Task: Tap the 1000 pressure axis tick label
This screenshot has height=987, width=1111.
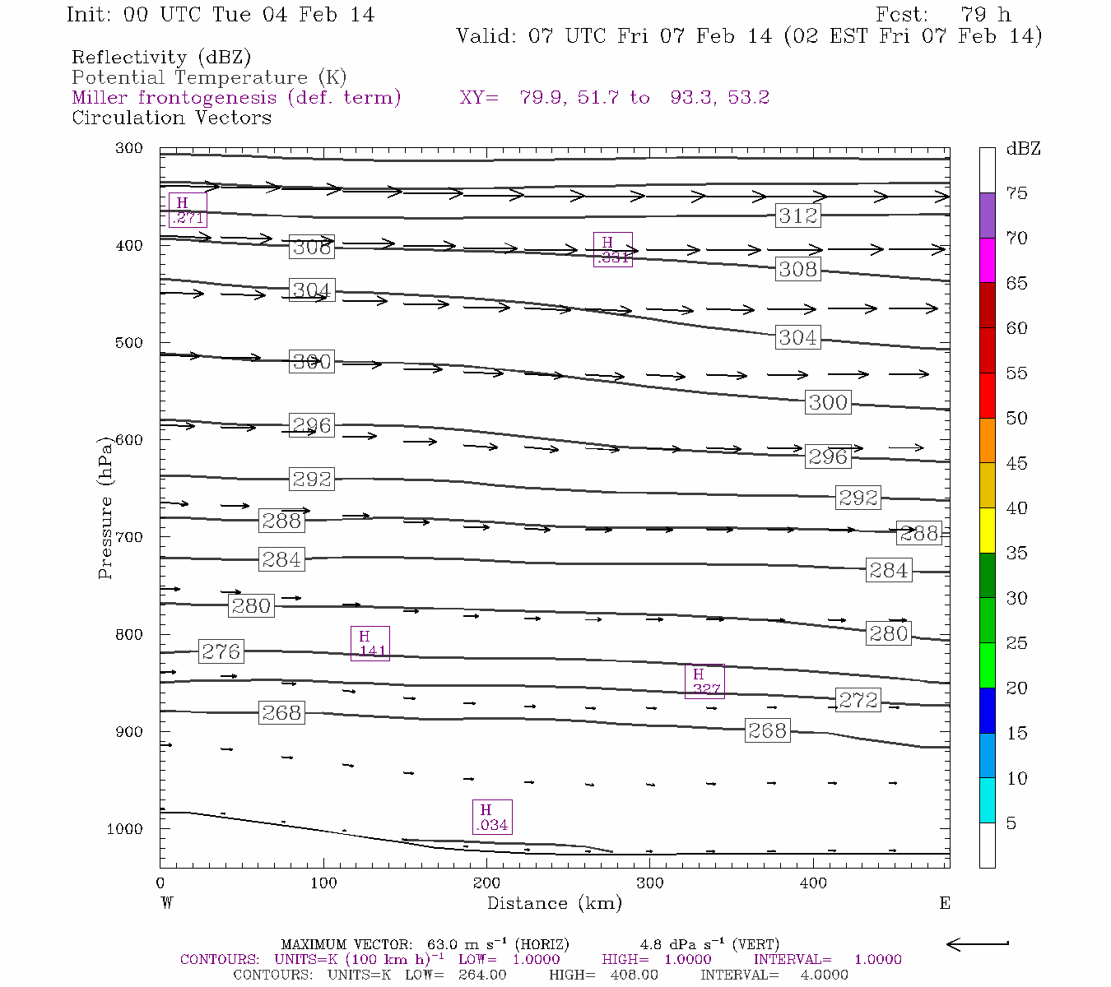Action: pos(124,829)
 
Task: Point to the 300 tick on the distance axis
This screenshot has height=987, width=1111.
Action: pos(650,883)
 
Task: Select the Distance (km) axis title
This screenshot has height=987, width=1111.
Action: pos(554,903)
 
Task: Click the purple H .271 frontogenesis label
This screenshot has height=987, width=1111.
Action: pos(188,210)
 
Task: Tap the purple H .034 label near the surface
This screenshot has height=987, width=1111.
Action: pos(491,818)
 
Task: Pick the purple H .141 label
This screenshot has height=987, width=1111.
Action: pos(370,643)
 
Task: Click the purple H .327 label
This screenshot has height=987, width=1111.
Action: pos(704,682)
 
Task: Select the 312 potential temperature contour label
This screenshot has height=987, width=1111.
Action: pos(797,215)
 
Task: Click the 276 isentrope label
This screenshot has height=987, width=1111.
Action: pos(221,652)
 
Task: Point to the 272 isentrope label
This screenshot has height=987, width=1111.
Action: pos(858,700)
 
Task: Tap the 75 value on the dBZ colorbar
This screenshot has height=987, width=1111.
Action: pos(1017,193)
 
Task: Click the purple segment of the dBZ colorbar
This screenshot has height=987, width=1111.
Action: pos(987,215)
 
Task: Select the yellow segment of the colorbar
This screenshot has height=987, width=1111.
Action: pos(987,531)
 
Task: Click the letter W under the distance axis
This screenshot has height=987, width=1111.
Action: pos(166,903)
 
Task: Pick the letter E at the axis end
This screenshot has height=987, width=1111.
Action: pos(945,903)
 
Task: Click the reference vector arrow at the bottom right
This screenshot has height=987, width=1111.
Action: pos(978,944)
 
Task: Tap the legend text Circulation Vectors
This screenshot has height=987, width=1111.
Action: pos(171,118)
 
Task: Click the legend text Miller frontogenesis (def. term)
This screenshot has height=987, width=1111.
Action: pos(236,98)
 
